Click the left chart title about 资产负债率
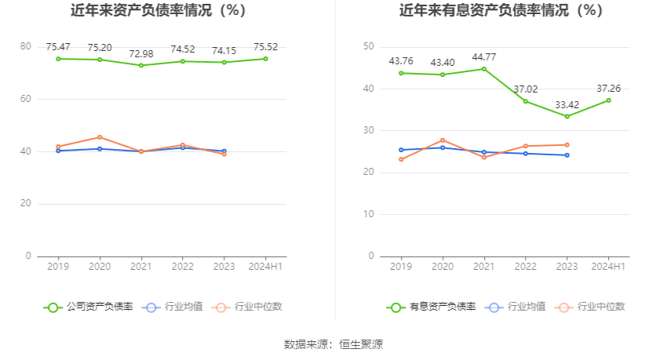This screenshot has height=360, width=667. coord(158,11)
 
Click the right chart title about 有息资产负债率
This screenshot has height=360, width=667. coord(501,11)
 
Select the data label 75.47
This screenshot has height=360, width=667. coord(58,47)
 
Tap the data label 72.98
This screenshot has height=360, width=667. coord(141,53)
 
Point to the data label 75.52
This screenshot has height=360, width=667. coord(265,47)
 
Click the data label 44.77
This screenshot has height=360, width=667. coord(484,56)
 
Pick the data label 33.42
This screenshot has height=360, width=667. coord(567,104)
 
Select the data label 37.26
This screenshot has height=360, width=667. coord(609,89)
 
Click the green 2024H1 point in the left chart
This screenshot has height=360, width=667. coord(265,59)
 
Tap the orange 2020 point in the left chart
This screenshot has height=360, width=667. coord(100,137)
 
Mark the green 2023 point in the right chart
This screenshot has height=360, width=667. coord(567,116)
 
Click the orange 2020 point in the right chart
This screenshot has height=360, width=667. coord(443,140)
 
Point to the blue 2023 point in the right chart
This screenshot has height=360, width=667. coord(567,155)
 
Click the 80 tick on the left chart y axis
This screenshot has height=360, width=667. coord(26,46)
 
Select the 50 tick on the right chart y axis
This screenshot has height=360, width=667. coord(368,46)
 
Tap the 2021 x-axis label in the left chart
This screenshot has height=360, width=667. coord(141,267)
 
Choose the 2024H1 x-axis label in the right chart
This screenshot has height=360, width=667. coord(609,267)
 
